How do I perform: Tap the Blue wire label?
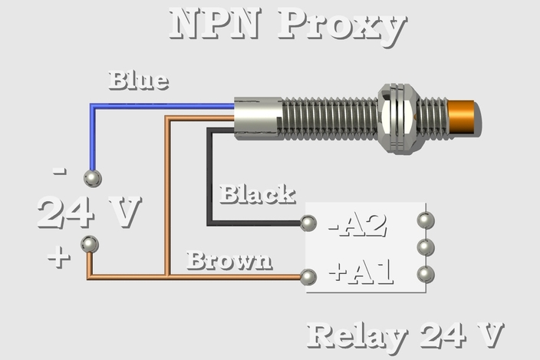[x=138, y=81]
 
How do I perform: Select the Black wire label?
[x=257, y=194]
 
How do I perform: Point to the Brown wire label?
[x=229, y=261]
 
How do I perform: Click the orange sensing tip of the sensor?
[x=463, y=117]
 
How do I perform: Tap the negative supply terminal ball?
[x=93, y=179]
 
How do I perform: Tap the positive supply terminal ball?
[x=90, y=245]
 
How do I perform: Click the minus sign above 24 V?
[x=60, y=171]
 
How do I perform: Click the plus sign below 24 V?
[x=58, y=257]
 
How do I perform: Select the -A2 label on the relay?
[x=357, y=225]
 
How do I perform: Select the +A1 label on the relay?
[x=361, y=272]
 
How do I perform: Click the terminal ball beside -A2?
[x=309, y=223]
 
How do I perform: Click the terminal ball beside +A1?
[x=309, y=277]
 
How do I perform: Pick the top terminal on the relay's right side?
[x=426, y=221]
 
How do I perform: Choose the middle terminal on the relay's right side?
[x=426, y=247]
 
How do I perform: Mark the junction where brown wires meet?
[x=166, y=276]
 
